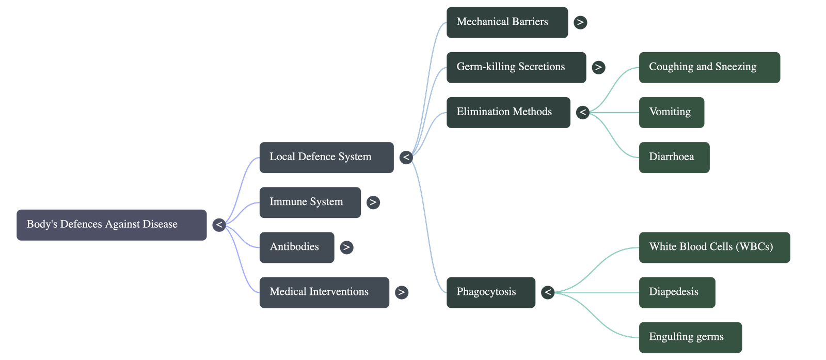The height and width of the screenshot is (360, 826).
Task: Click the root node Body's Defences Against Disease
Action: pos(112,225)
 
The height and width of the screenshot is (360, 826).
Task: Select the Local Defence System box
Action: pos(326,157)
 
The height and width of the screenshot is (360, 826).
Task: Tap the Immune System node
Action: pos(310,202)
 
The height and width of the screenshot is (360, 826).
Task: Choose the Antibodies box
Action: pos(296,247)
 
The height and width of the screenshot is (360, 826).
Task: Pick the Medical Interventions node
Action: pos(324,292)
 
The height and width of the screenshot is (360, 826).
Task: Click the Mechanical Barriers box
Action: pos(506,22)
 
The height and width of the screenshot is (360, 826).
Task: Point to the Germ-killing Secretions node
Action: pos(516,67)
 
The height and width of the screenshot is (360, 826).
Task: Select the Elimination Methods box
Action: pos(508,112)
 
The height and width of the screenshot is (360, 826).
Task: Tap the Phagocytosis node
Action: pos(490,292)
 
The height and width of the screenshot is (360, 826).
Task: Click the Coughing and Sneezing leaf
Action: pos(709,67)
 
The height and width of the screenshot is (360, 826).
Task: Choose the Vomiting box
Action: pos(671,112)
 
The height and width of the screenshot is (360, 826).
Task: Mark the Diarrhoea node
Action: pos(674,157)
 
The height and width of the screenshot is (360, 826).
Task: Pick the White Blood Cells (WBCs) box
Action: pos(714,247)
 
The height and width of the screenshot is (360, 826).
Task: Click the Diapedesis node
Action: pos(677,292)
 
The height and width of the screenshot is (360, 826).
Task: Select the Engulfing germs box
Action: pos(690,337)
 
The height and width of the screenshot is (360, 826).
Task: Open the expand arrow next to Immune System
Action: pos(373,202)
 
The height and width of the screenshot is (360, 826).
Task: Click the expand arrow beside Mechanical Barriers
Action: pos(580,22)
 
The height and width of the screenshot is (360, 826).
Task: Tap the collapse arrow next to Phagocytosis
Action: pos(548,292)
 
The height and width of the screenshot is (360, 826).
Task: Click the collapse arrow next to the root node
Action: pos(219,225)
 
